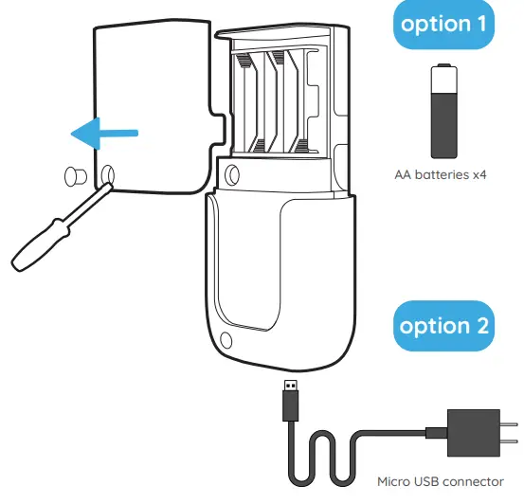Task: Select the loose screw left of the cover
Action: click(x=73, y=175)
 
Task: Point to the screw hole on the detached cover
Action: click(x=107, y=173)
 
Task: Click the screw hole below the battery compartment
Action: click(x=231, y=172)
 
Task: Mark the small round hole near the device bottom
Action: click(x=226, y=340)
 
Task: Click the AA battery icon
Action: click(x=440, y=111)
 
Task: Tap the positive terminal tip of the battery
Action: click(x=440, y=67)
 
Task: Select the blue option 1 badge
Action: click(x=441, y=25)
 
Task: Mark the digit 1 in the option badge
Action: click(x=477, y=25)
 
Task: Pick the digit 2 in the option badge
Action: click(x=479, y=326)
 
